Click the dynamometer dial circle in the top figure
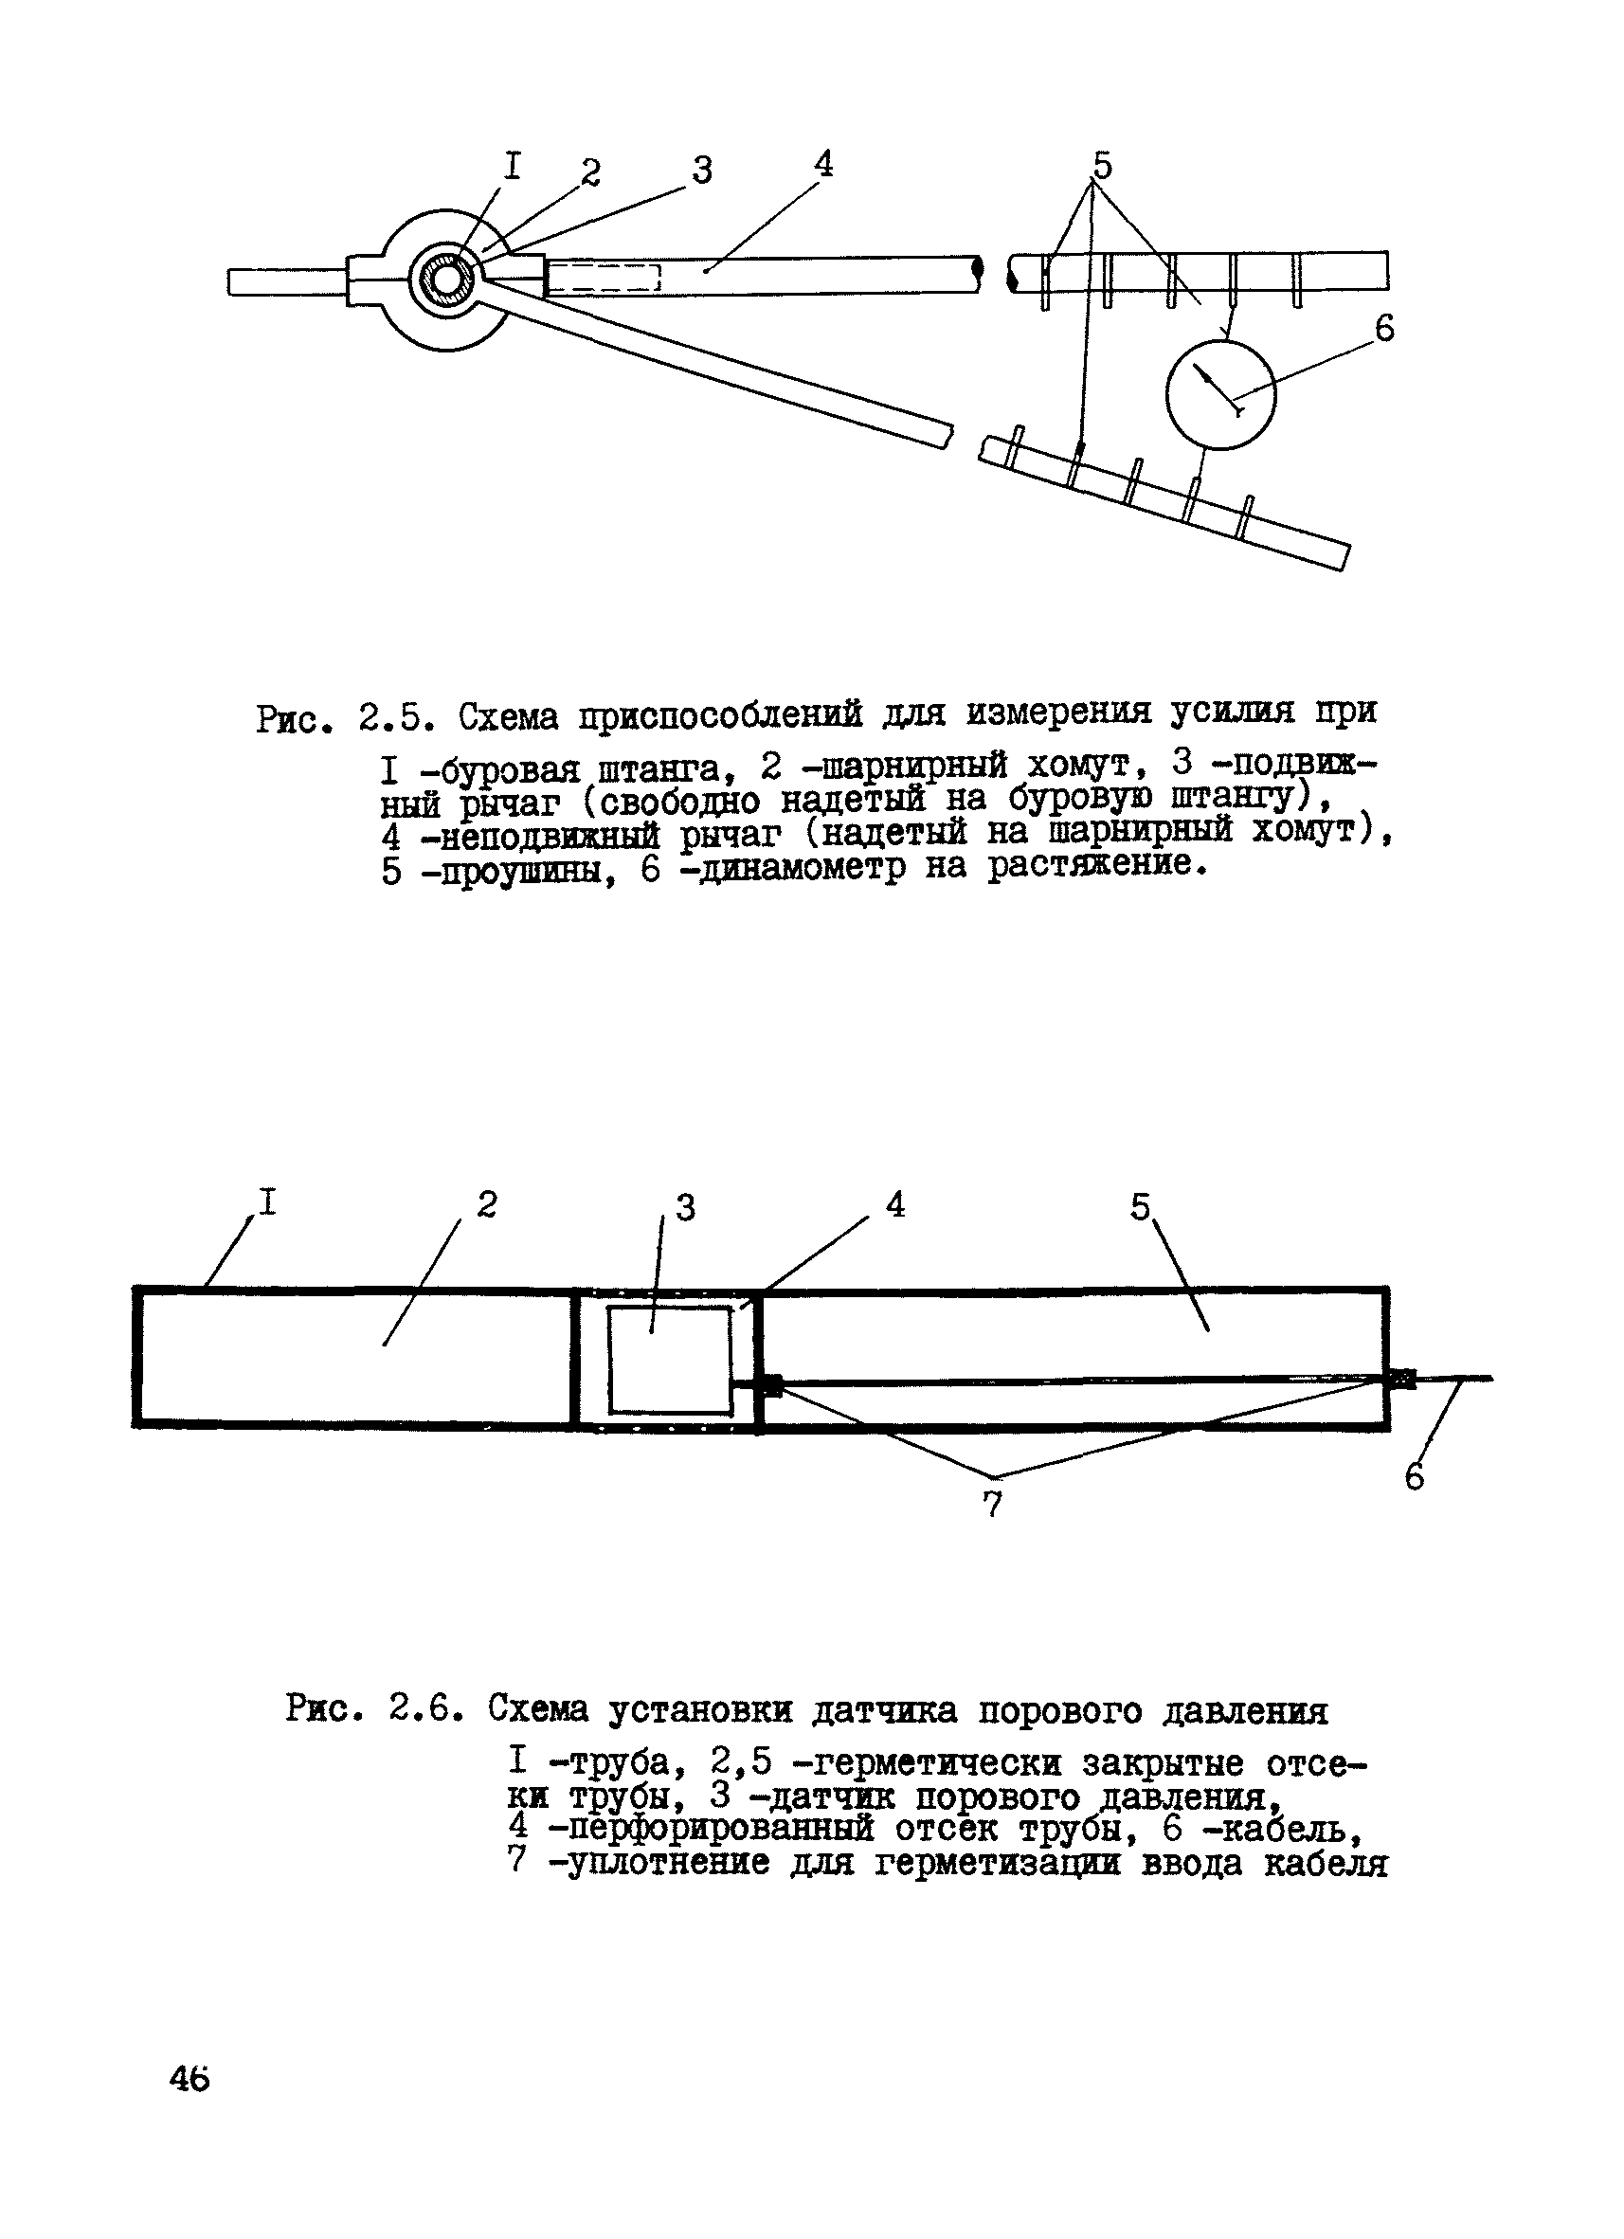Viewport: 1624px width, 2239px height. [1220, 394]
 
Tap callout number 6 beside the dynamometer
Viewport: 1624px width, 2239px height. [1384, 329]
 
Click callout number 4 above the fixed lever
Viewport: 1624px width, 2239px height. [823, 164]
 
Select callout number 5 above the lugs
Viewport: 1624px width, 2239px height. [1102, 166]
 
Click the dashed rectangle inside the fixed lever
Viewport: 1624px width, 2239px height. [603, 278]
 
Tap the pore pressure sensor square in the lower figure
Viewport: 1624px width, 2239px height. [669, 1360]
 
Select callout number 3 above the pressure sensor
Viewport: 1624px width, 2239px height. [685, 1207]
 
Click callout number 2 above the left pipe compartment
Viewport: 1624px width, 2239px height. [487, 1204]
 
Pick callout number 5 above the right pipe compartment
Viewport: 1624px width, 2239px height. [1140, 1206]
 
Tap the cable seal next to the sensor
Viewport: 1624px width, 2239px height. [770, 1386]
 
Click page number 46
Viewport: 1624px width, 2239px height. [189, 2079]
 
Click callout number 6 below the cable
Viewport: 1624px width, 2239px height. [1415, 1477]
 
